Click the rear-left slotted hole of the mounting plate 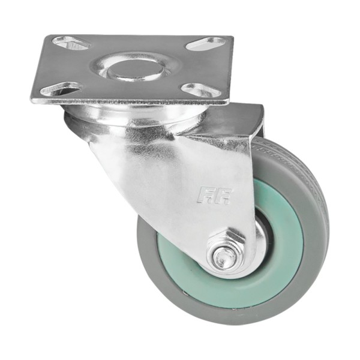[x=71, y=43]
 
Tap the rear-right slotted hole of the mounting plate [x=206, y=44]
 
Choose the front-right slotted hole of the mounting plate [x=200, y=91]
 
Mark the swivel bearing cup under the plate [x=120, y=120]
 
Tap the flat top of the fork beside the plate [x=240, y=120]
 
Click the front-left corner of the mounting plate [x=34, y=99]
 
